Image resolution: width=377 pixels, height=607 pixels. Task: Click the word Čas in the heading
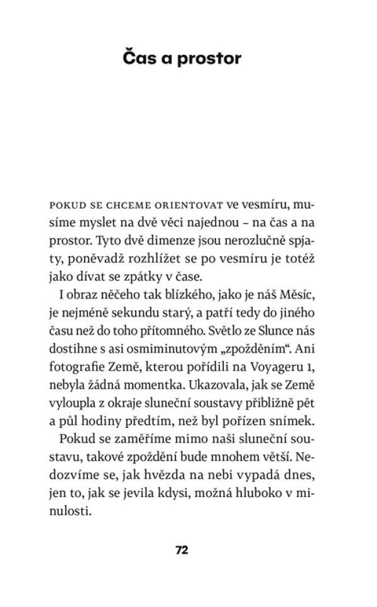coord(137,58)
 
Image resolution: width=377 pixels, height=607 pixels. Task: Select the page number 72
coord(182,550)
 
